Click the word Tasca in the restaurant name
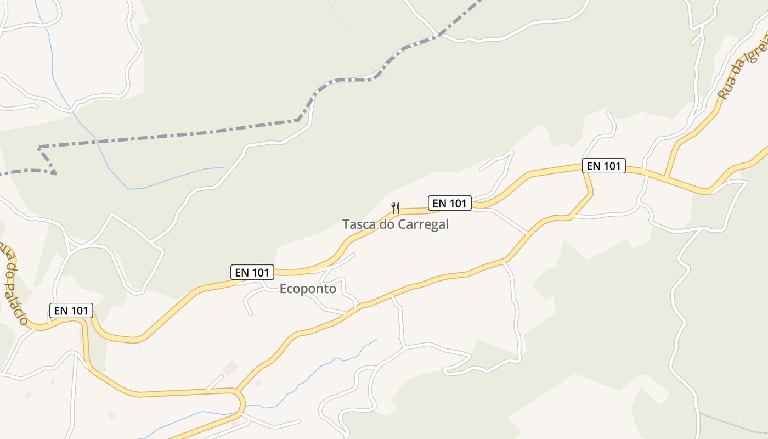pos(357,224)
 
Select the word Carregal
pos(423,224)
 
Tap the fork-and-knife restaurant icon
pos(395,207)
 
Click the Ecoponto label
pos(308,289)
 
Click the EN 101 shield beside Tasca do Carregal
pos(449,204)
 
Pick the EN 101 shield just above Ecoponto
pos(252,272)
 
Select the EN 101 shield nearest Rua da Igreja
pos(603,166)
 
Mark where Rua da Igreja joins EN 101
pos(666,177)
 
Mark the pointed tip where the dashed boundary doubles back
pos(55,173)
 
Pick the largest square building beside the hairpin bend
pos(230,368)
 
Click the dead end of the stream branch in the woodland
pos(225,167)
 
